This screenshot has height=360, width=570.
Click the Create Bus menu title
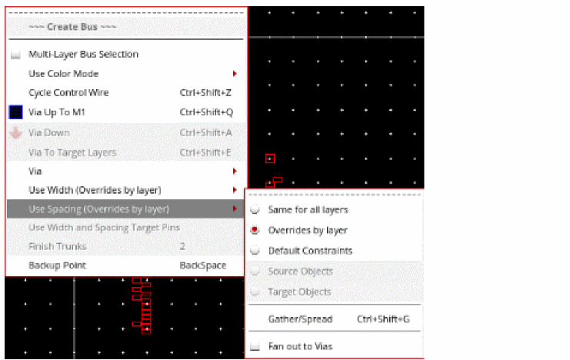click(x=72, y=27)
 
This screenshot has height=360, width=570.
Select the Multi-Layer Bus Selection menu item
click(x=83, y=54)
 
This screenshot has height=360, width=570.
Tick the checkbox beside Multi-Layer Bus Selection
click(x=15, y=55)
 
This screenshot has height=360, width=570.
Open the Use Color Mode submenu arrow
click(x=235, y=74)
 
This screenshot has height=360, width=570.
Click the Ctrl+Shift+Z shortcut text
click(x=205, y=93)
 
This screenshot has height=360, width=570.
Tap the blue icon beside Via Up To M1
click(x=15, y=112)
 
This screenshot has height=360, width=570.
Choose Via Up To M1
click(x=57, y=112)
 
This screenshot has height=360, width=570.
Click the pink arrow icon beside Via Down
click(x=15, y=132)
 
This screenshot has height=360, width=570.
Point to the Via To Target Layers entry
click(x=72, y=153)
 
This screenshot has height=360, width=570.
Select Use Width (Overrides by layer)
click(x=95, y=190)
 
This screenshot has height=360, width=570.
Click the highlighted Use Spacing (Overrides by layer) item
click(x=99, y=209)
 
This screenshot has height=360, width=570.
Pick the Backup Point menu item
click(x=57, y=265)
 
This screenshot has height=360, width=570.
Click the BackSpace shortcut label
click(x=203, y=265)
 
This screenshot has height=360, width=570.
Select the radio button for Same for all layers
click(x=255, y=209)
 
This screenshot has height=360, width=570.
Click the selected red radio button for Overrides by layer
click(x=255, y=230)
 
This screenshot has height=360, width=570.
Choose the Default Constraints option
click(x=310, y=251)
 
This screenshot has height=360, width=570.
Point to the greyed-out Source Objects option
click(x=300, y=272)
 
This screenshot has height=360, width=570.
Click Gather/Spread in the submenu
click(x=300, y=319)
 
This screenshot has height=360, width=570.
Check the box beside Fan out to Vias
click(x=255, y=347)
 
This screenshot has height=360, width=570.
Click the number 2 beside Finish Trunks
click(x=182, y=247)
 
